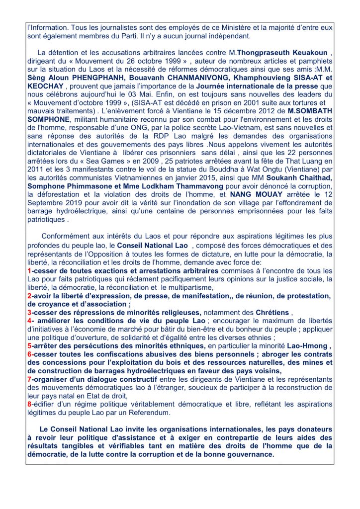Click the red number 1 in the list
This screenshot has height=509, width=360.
point(29,271)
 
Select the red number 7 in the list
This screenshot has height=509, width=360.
point(29,379)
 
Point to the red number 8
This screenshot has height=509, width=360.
point(29,404)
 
